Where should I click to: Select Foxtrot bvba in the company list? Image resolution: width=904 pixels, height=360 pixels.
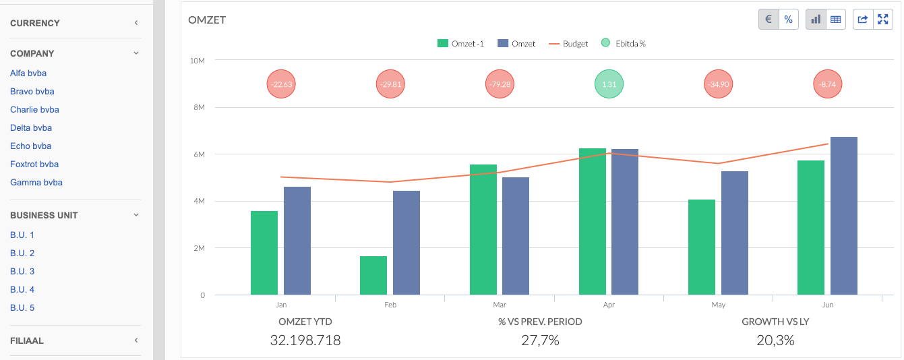34,164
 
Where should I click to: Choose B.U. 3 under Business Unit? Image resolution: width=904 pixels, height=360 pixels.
22,272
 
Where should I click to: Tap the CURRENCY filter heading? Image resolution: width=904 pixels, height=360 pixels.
35,23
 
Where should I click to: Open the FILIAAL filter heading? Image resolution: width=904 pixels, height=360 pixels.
27,341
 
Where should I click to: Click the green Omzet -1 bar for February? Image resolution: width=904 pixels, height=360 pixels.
373,276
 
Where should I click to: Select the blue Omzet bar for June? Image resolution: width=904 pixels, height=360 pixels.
844,216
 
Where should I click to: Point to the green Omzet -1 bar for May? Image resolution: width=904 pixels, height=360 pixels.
702,247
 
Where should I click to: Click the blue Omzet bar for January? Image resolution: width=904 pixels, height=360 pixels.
297,241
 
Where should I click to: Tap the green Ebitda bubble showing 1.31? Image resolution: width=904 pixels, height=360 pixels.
609,85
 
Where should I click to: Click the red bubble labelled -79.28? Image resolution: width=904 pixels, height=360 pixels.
500,85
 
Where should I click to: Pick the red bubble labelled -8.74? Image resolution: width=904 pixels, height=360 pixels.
828,85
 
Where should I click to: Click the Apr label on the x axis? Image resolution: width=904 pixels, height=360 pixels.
609,305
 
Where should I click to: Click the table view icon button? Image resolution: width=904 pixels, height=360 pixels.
836,20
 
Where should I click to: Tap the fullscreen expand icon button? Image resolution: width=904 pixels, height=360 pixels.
882,20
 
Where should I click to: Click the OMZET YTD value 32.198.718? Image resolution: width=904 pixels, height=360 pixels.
305,340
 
